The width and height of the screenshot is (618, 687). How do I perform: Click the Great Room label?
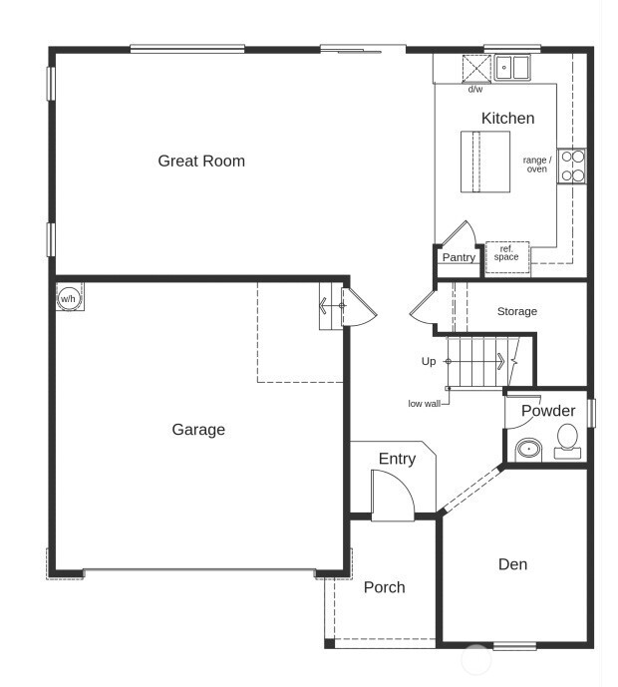click(x=201, y=161)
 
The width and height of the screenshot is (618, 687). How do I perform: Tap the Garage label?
click(x=198, y=430)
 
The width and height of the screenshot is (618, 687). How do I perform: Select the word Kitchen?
click(x=507, y=118)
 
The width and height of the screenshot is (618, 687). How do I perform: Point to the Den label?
click(x=512, y=564)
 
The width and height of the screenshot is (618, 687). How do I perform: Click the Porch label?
click(x=384, y=587)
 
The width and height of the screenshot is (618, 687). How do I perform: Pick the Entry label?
click(x=397, y=459)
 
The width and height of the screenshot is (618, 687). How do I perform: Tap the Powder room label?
click(x=548, y=411)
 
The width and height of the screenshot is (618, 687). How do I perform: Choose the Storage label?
click(x=516, y=311)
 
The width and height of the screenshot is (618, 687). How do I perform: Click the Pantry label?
click(x=459, y=257)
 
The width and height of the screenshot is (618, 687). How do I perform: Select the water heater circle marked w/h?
click(x=69, y=298)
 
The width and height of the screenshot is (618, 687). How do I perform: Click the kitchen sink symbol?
click(x=513, y=68)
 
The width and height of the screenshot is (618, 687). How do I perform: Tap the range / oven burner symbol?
click(x=571, y=166)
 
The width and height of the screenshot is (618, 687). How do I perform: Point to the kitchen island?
click(x=484, y=162)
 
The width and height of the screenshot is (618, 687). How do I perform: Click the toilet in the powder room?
click(x=567, y=440)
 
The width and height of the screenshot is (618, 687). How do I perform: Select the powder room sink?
click(x=527, y=450)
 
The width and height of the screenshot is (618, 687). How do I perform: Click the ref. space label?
click(x=505, y=253)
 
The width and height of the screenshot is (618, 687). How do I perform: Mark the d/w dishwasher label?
click(x=475, y=90)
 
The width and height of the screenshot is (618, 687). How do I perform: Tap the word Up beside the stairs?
click(x=429, y=361)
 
